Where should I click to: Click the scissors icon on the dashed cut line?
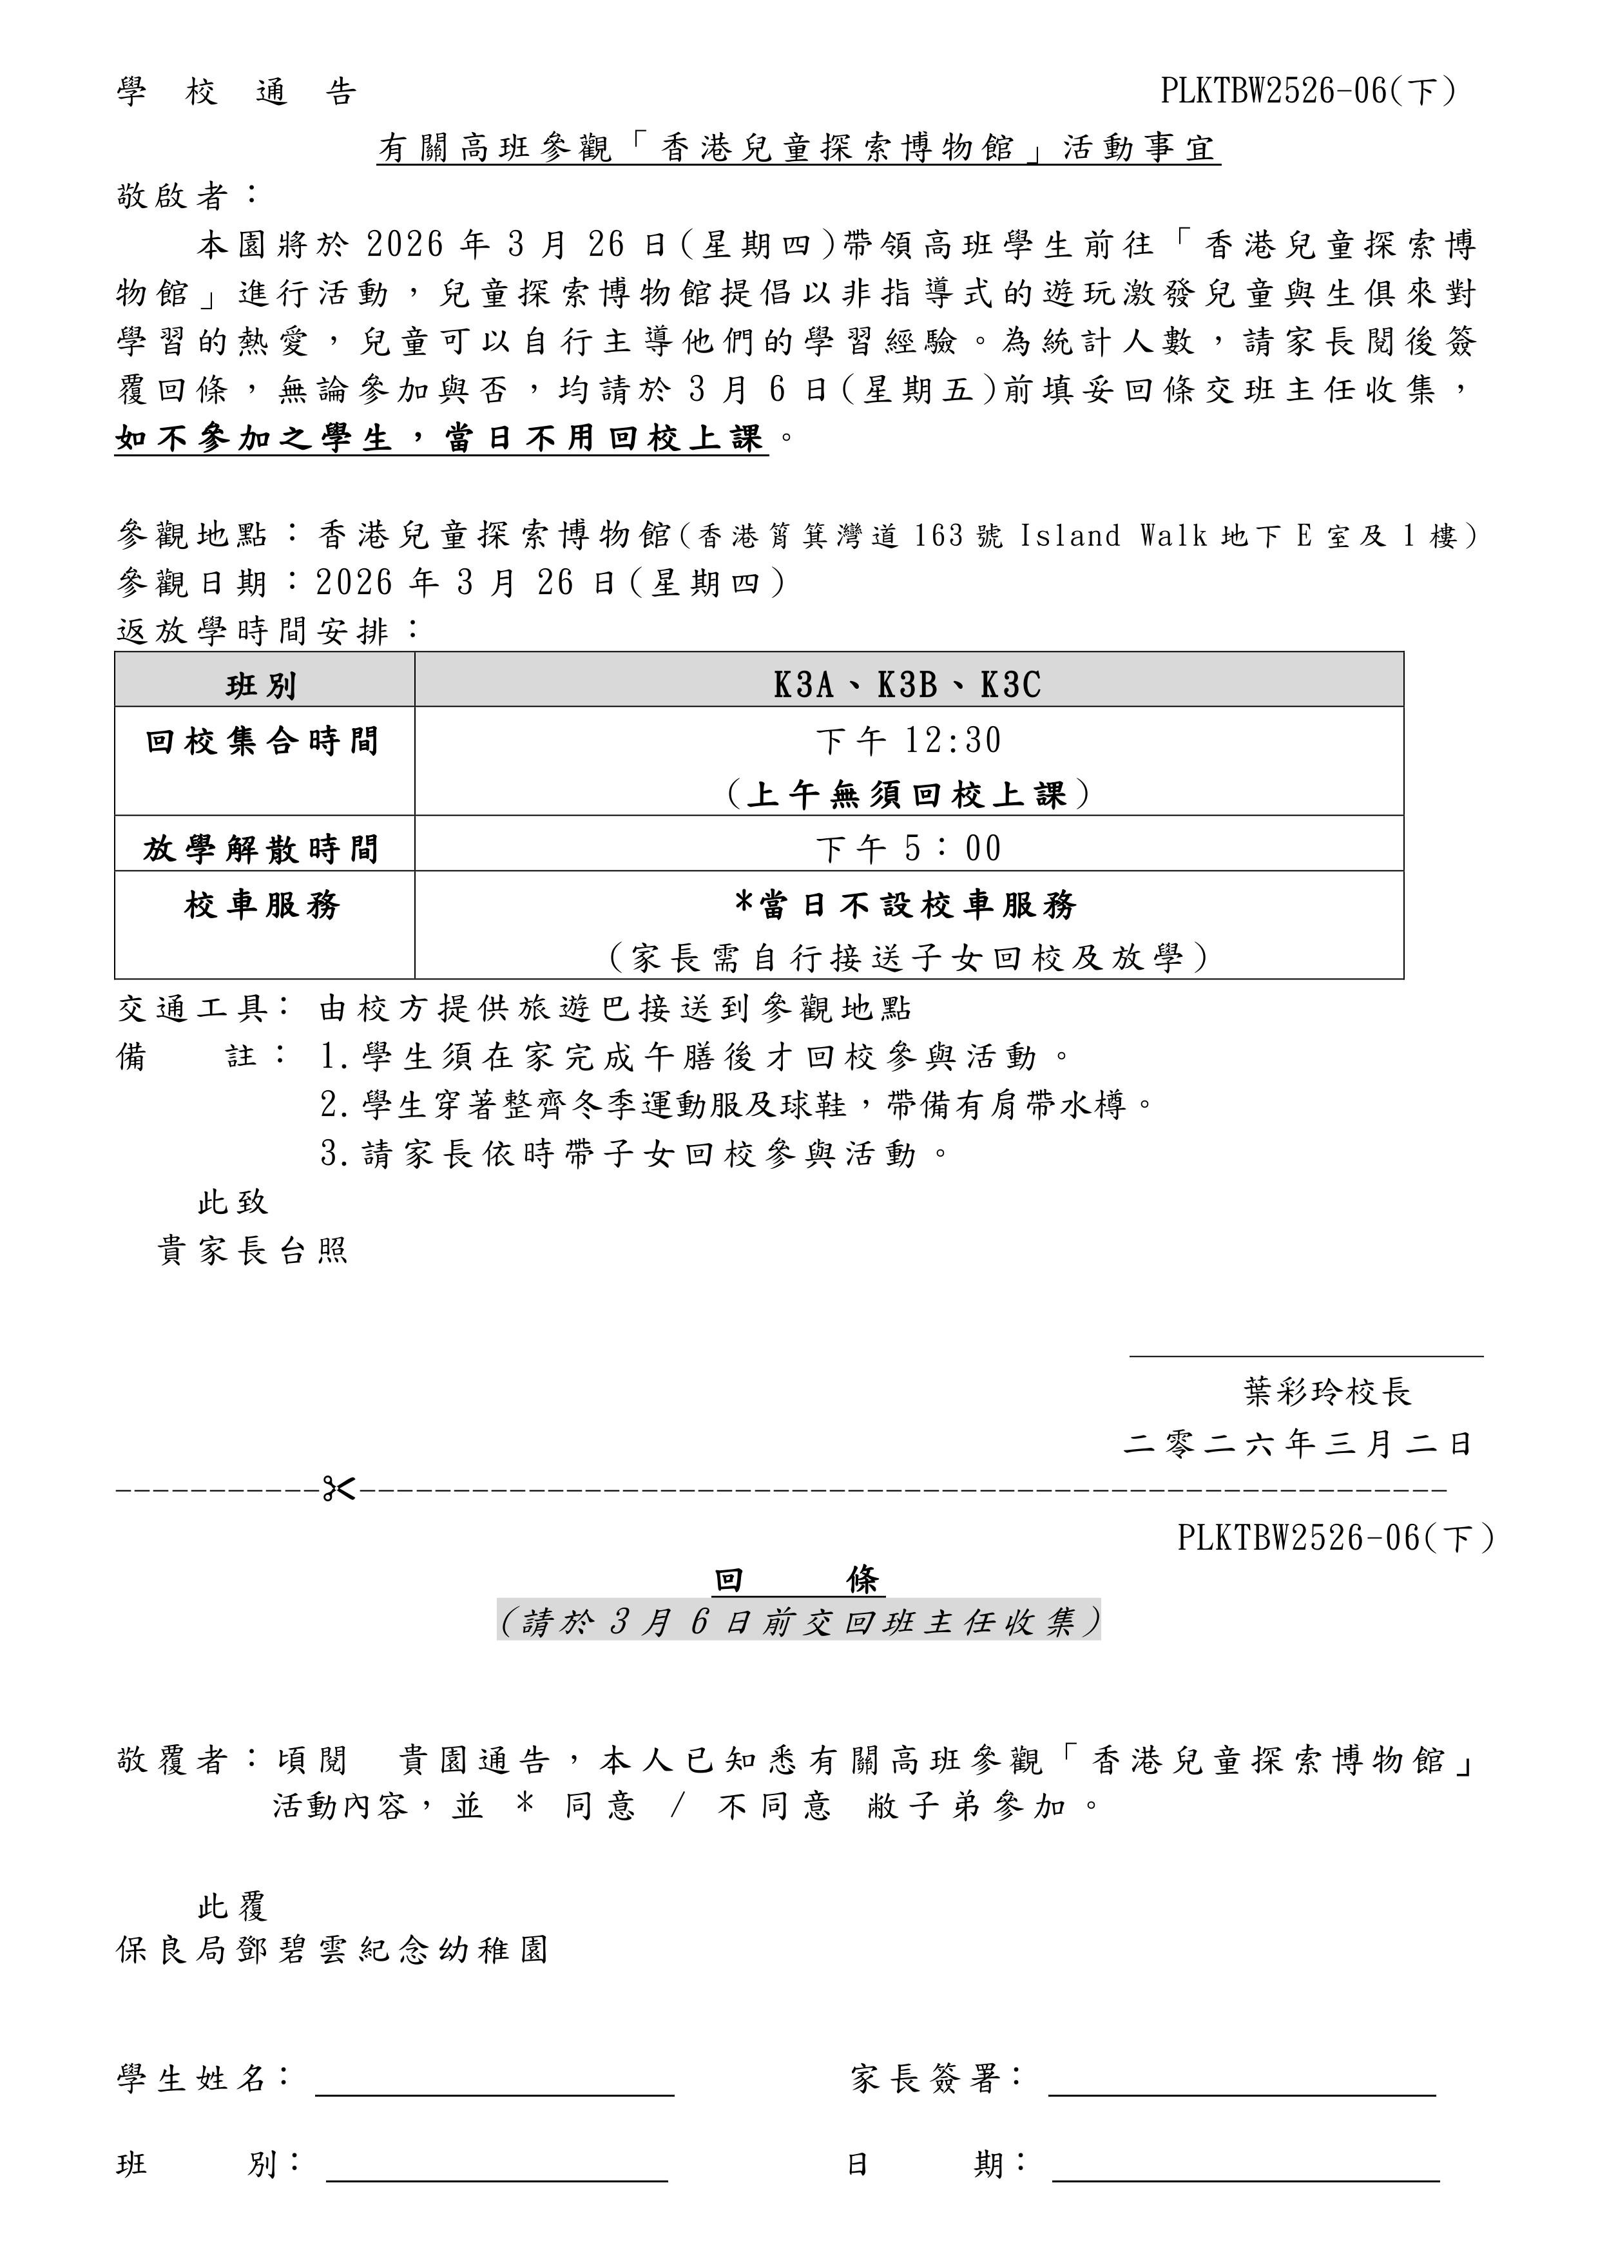[x=339, y=1488]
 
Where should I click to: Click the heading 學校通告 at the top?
[x=236, y=93]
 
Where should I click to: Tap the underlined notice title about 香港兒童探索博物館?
[x=798, y=149]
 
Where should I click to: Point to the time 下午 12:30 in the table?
[x=908, y=740]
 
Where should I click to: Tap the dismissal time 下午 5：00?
[x=908, y=848]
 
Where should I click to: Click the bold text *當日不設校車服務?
[x=908, y=904]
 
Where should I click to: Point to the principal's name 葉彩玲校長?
[x=1327, y=1392]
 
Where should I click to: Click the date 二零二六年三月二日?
[x=1298, y=1444]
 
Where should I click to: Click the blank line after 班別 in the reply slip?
[x=497, y=2180]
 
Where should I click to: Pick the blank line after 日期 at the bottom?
[x=1246, y=2180]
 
